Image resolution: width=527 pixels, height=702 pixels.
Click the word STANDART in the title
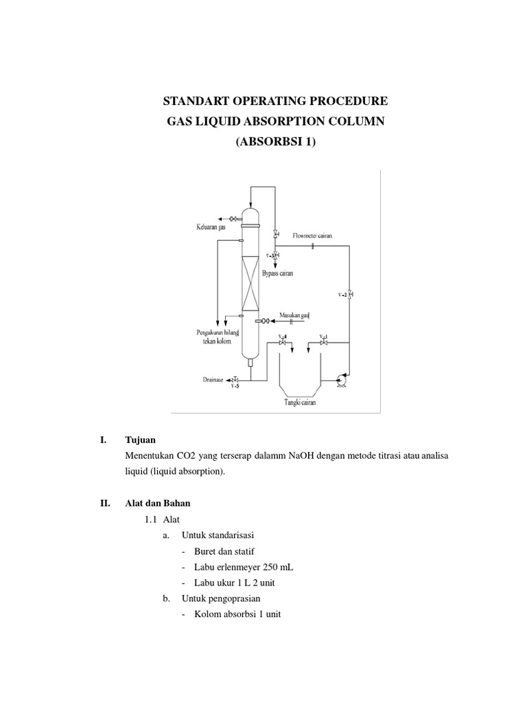pyautogui.click(x=194, y=101)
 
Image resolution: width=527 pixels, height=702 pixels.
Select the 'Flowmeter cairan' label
pyautogui.click(x=313, y=236)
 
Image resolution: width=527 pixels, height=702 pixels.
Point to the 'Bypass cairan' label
pyautogui.click(x=277, y=273)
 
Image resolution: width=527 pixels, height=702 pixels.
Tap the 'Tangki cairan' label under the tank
pyautogui.click(x=300, y=402)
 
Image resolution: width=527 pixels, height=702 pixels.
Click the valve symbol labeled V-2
pyautogui.click(x=350, y=295)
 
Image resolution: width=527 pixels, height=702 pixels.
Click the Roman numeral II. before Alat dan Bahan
pyautogui.click(x=105, y=503)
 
